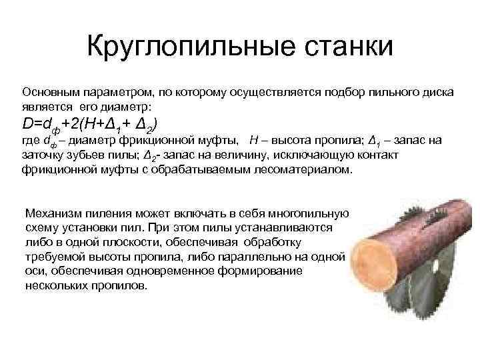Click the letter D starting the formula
[x=27, y=123]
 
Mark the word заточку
[x=42, y=155]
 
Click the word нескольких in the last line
[x=53, y=285]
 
